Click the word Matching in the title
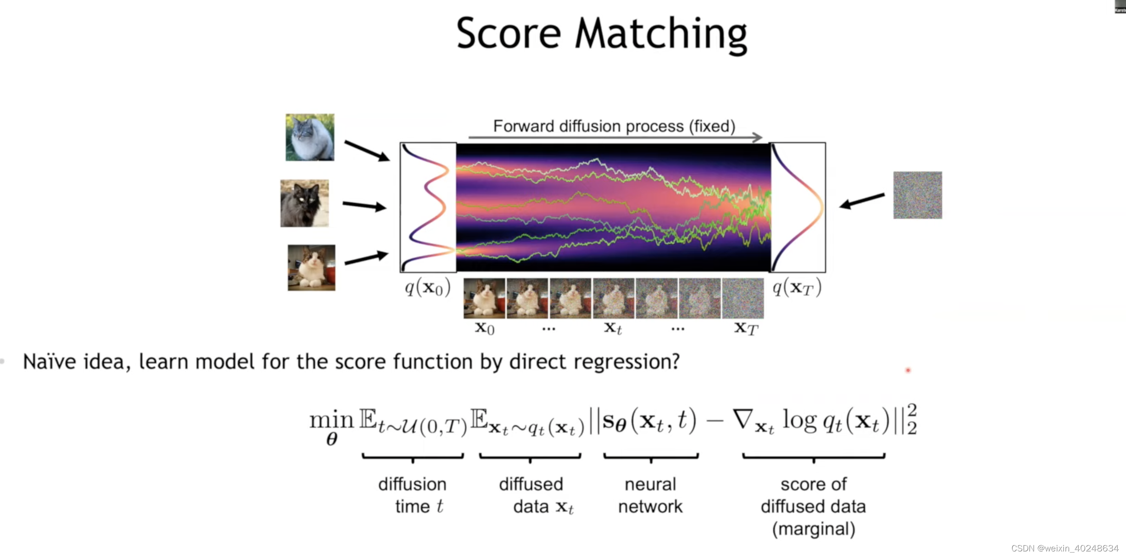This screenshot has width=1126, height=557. click(661, 34)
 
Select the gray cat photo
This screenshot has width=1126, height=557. click(310, 137)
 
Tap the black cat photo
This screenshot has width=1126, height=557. click(304, 203)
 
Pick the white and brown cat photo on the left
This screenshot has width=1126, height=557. click(311, 268)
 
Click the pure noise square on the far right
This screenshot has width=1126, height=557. click(917, 195)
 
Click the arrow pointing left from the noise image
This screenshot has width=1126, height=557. click(861, 201)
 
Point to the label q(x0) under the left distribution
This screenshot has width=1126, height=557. click(427, 288)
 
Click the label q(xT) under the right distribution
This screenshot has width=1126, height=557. click(796, 288)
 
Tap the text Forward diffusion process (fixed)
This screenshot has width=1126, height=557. click(614, 126)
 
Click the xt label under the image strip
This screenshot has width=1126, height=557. click(613, 328)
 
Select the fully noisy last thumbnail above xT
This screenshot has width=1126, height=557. click(743, 298)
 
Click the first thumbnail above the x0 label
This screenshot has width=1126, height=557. click(484, 298)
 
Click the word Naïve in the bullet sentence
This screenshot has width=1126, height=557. click(50, 362)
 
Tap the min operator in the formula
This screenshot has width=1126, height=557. click(331, 420)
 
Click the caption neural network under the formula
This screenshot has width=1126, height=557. click(650, 495)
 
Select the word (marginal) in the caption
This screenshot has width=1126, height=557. click(813, 529)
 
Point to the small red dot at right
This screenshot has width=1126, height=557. click(908, 370)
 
